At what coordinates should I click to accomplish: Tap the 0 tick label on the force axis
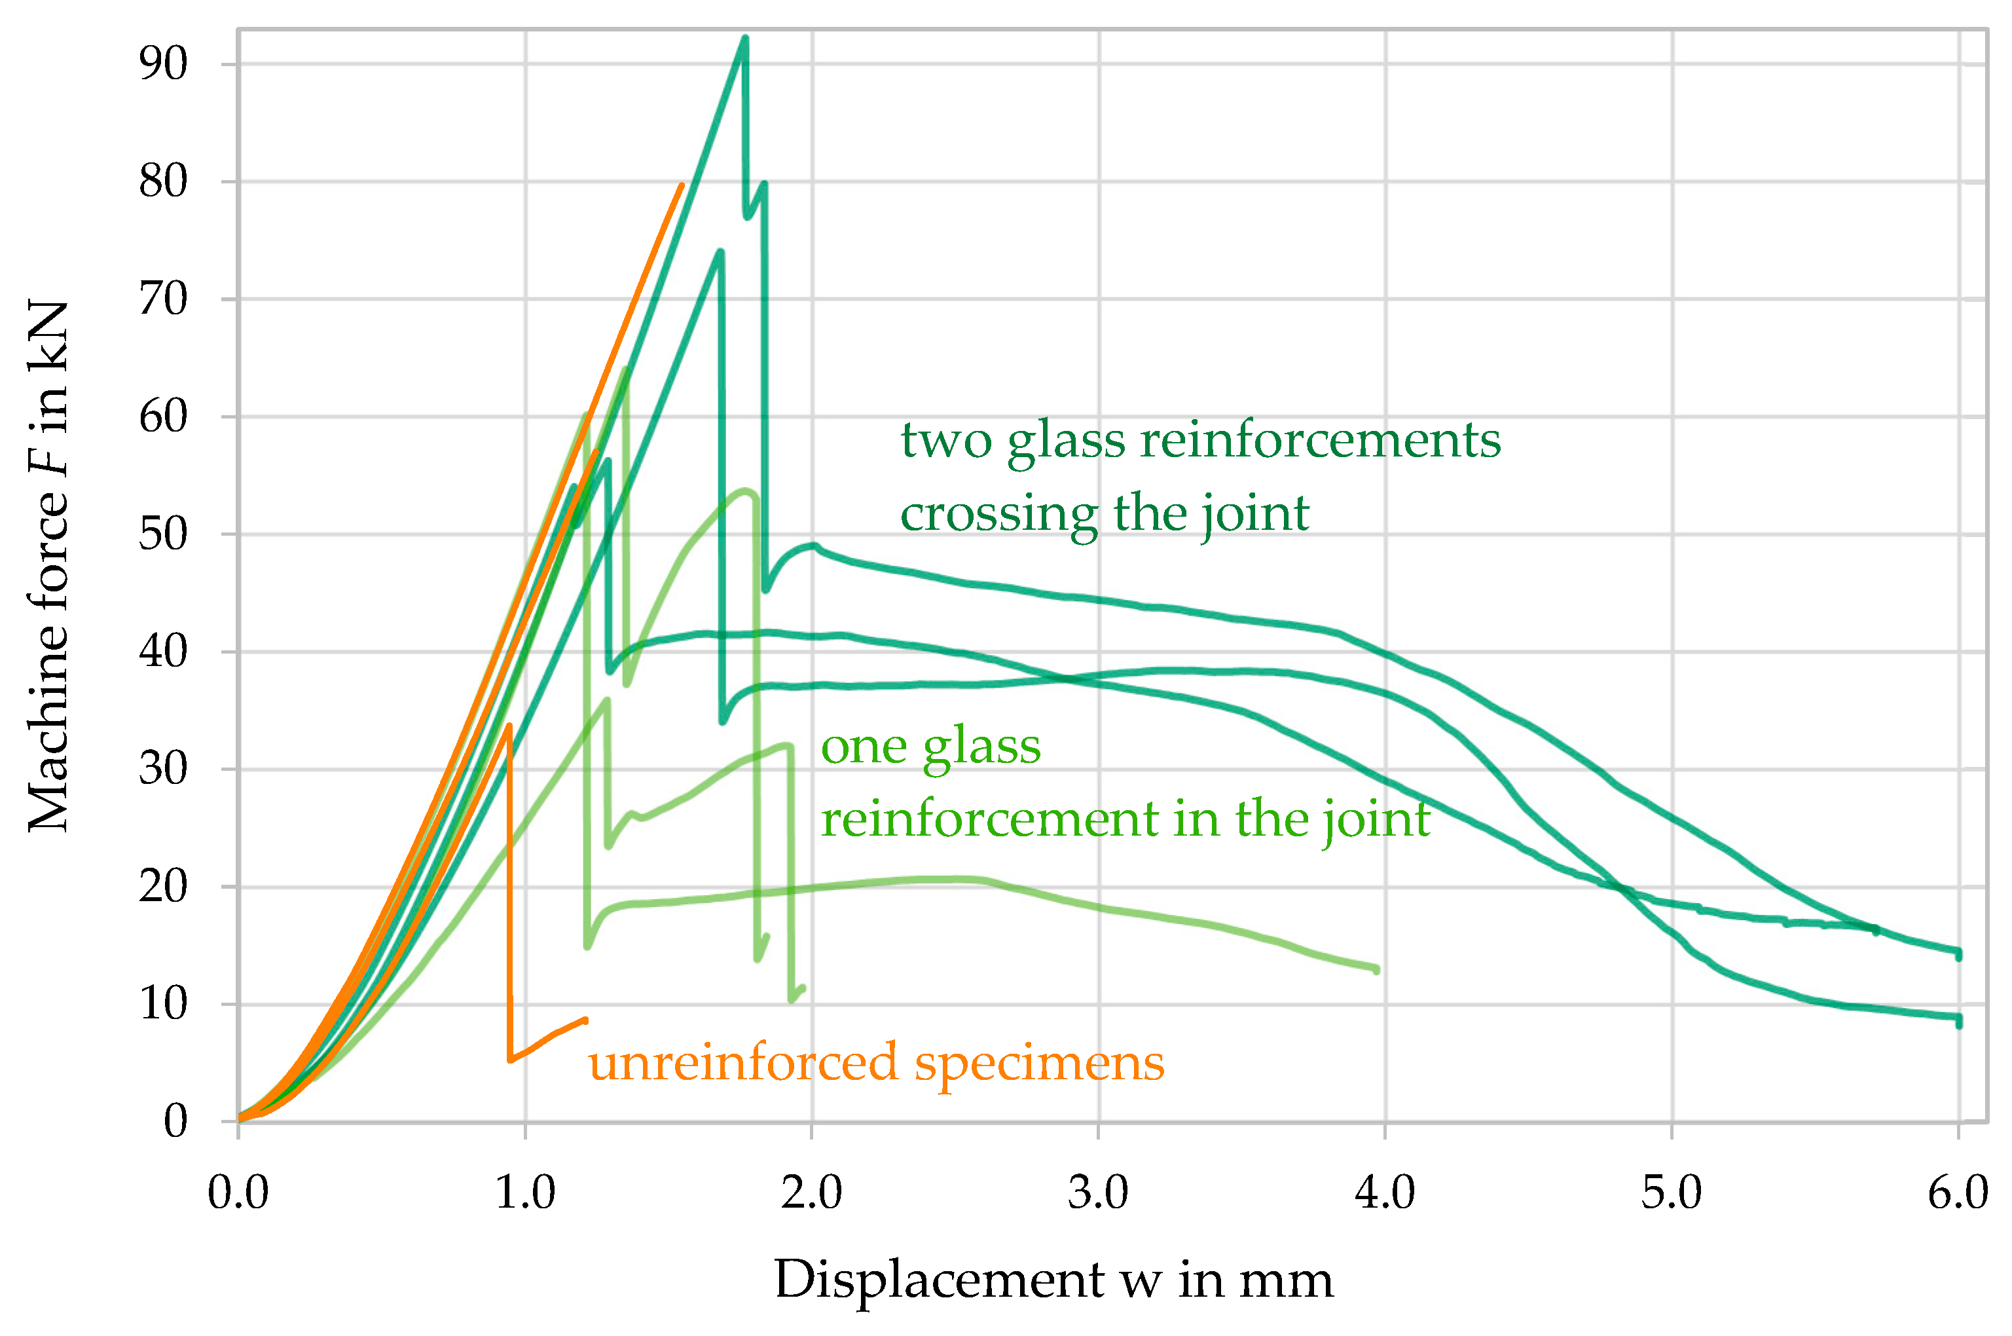(x=175, y=1121)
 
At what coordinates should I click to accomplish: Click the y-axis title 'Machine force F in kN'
(x=48, y=566)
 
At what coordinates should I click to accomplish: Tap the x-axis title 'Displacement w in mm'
(x=1053, y=1280)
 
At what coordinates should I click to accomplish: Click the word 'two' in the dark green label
(x=945, y=441)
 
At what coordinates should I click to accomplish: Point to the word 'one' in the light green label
(x=864, y=747)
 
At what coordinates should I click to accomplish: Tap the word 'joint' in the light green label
(x=1376, y=821)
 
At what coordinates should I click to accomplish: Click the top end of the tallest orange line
(x=682, y=185)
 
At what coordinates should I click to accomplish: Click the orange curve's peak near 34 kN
(x=509, y=726)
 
